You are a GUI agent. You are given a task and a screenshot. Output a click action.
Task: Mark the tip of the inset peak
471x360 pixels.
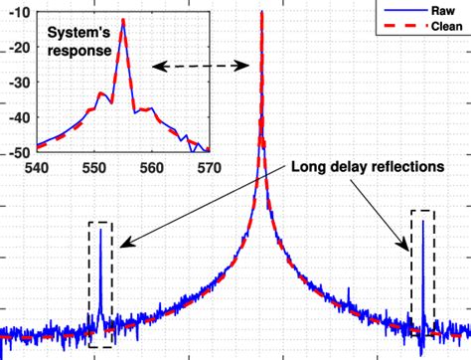123,21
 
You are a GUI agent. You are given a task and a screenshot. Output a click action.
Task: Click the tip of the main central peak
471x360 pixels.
261,13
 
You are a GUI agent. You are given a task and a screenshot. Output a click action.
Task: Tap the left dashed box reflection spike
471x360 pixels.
100,231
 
